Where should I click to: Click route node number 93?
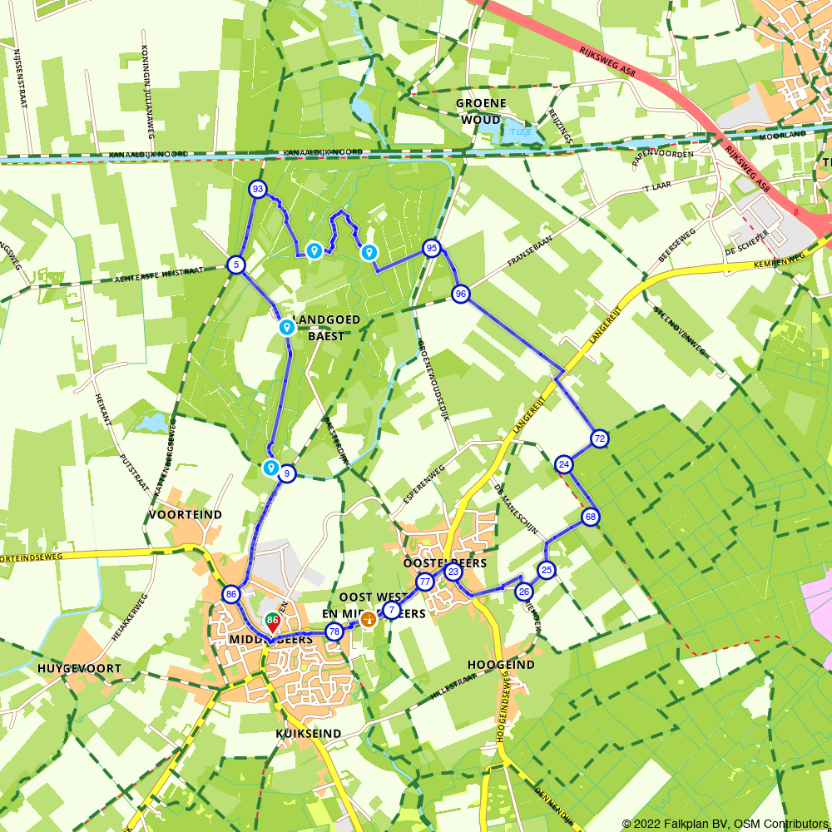coord(258,190)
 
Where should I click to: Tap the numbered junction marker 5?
coord(236,265)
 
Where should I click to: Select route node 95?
coord(431,248)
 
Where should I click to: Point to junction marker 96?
coord(461,293)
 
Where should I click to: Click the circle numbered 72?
coord(599,438)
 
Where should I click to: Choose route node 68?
coord(590,517)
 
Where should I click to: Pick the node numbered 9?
coord(287,473)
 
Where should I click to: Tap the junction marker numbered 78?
coord(334,631)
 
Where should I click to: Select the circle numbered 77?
coord(424,582)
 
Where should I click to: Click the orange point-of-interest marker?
coord(367,619)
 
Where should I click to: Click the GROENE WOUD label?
coord(481,111)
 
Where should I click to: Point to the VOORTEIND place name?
coord(186,515)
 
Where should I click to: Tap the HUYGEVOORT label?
coord(80,668)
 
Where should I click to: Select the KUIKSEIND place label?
coord(309,733)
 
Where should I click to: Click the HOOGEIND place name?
coord(500,665)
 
